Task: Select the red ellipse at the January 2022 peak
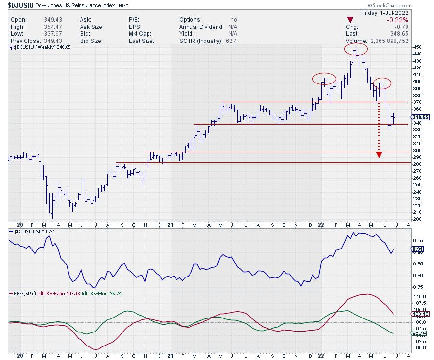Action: point(324,79)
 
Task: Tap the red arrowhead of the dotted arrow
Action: point(380,154)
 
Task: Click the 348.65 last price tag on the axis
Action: point(420,117)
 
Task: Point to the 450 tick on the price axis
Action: point(417,47)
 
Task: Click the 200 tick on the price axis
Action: point(417,219)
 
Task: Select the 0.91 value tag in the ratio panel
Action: point(418,249)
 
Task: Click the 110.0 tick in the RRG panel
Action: point(419,296)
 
